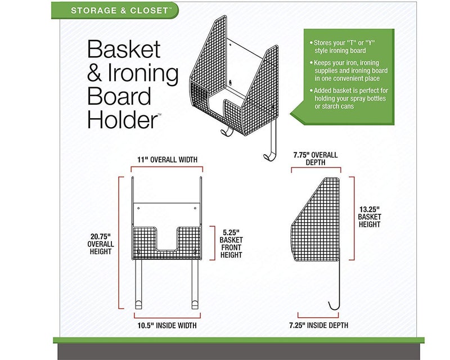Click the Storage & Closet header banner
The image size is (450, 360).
click(x=116, y=10)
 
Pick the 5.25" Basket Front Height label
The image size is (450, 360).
click(x=231, y=243)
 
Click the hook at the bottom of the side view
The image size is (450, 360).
click(x=336, y=304)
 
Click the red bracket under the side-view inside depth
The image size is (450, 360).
click(x=318, y=315)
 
